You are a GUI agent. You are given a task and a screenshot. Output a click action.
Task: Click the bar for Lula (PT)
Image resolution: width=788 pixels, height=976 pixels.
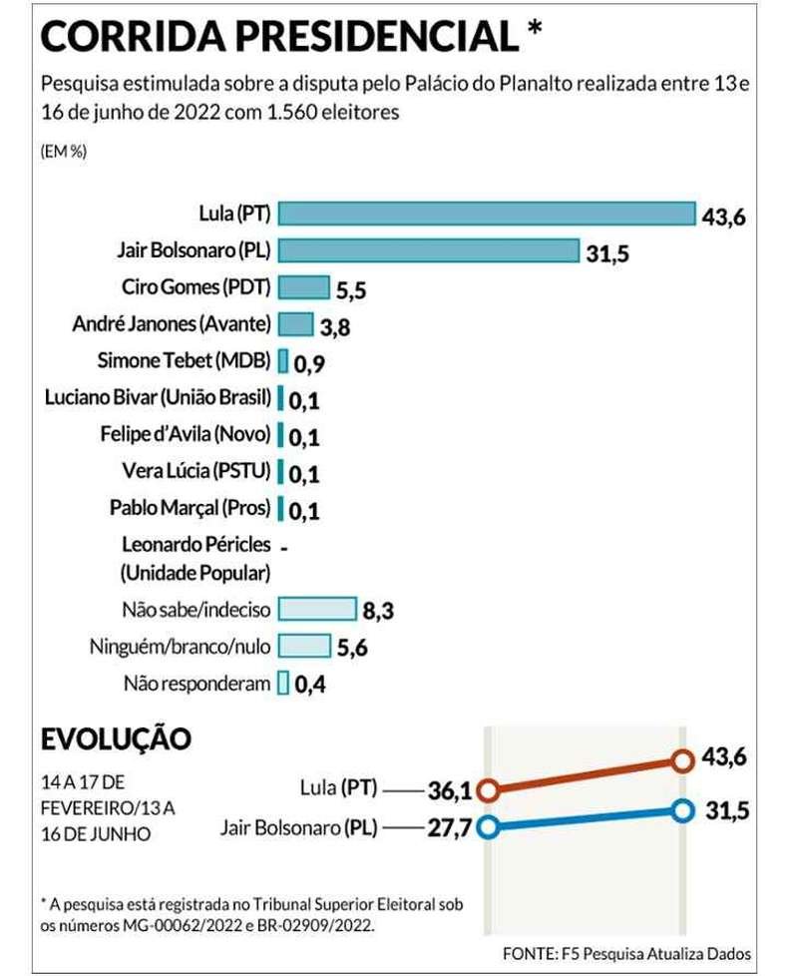click(487, 214)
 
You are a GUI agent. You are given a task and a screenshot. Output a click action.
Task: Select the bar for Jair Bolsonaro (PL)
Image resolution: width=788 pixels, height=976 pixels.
click(429, 250)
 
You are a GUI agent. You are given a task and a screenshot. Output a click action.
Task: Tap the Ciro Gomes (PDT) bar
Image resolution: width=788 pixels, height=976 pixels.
click(303, 287)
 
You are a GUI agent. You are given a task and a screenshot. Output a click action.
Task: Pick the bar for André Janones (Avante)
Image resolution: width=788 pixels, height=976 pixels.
click(295, 323)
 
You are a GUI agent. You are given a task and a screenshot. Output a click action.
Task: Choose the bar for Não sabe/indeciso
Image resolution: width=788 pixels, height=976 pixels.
click(317, 609)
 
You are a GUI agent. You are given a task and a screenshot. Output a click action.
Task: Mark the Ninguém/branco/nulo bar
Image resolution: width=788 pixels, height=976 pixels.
click(304, 646)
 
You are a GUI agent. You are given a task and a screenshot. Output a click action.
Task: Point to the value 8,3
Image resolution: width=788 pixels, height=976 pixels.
click(379, 611)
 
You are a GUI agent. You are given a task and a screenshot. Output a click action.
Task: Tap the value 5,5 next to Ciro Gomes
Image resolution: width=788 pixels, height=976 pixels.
click(352, 289)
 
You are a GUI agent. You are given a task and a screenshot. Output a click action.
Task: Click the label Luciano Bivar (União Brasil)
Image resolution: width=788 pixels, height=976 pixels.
click(158, 397)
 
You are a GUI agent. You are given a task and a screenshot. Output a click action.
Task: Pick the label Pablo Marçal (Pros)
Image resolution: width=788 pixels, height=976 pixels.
click(190, 508)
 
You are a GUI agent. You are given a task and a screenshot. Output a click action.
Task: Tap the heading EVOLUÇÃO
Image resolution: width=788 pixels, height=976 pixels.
click(115, 739)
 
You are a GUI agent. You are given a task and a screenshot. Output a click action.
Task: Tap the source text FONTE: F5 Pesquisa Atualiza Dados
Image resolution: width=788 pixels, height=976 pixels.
click(626, 952)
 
